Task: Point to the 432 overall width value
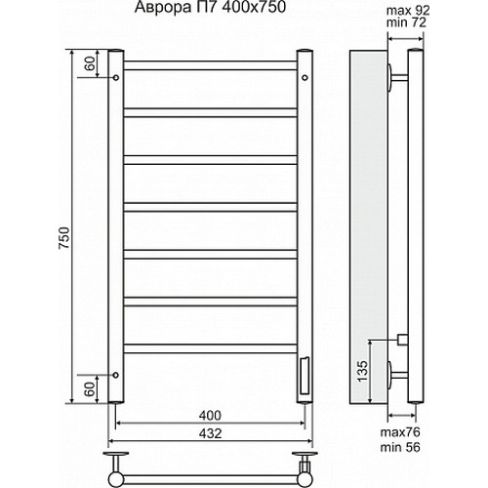[212, 431]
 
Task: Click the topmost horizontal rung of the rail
[211, 66]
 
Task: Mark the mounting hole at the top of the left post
[116, 75]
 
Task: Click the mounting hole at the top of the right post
[305, 75]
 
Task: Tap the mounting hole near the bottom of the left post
[116, 373]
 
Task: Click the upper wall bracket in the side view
[397, 77]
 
